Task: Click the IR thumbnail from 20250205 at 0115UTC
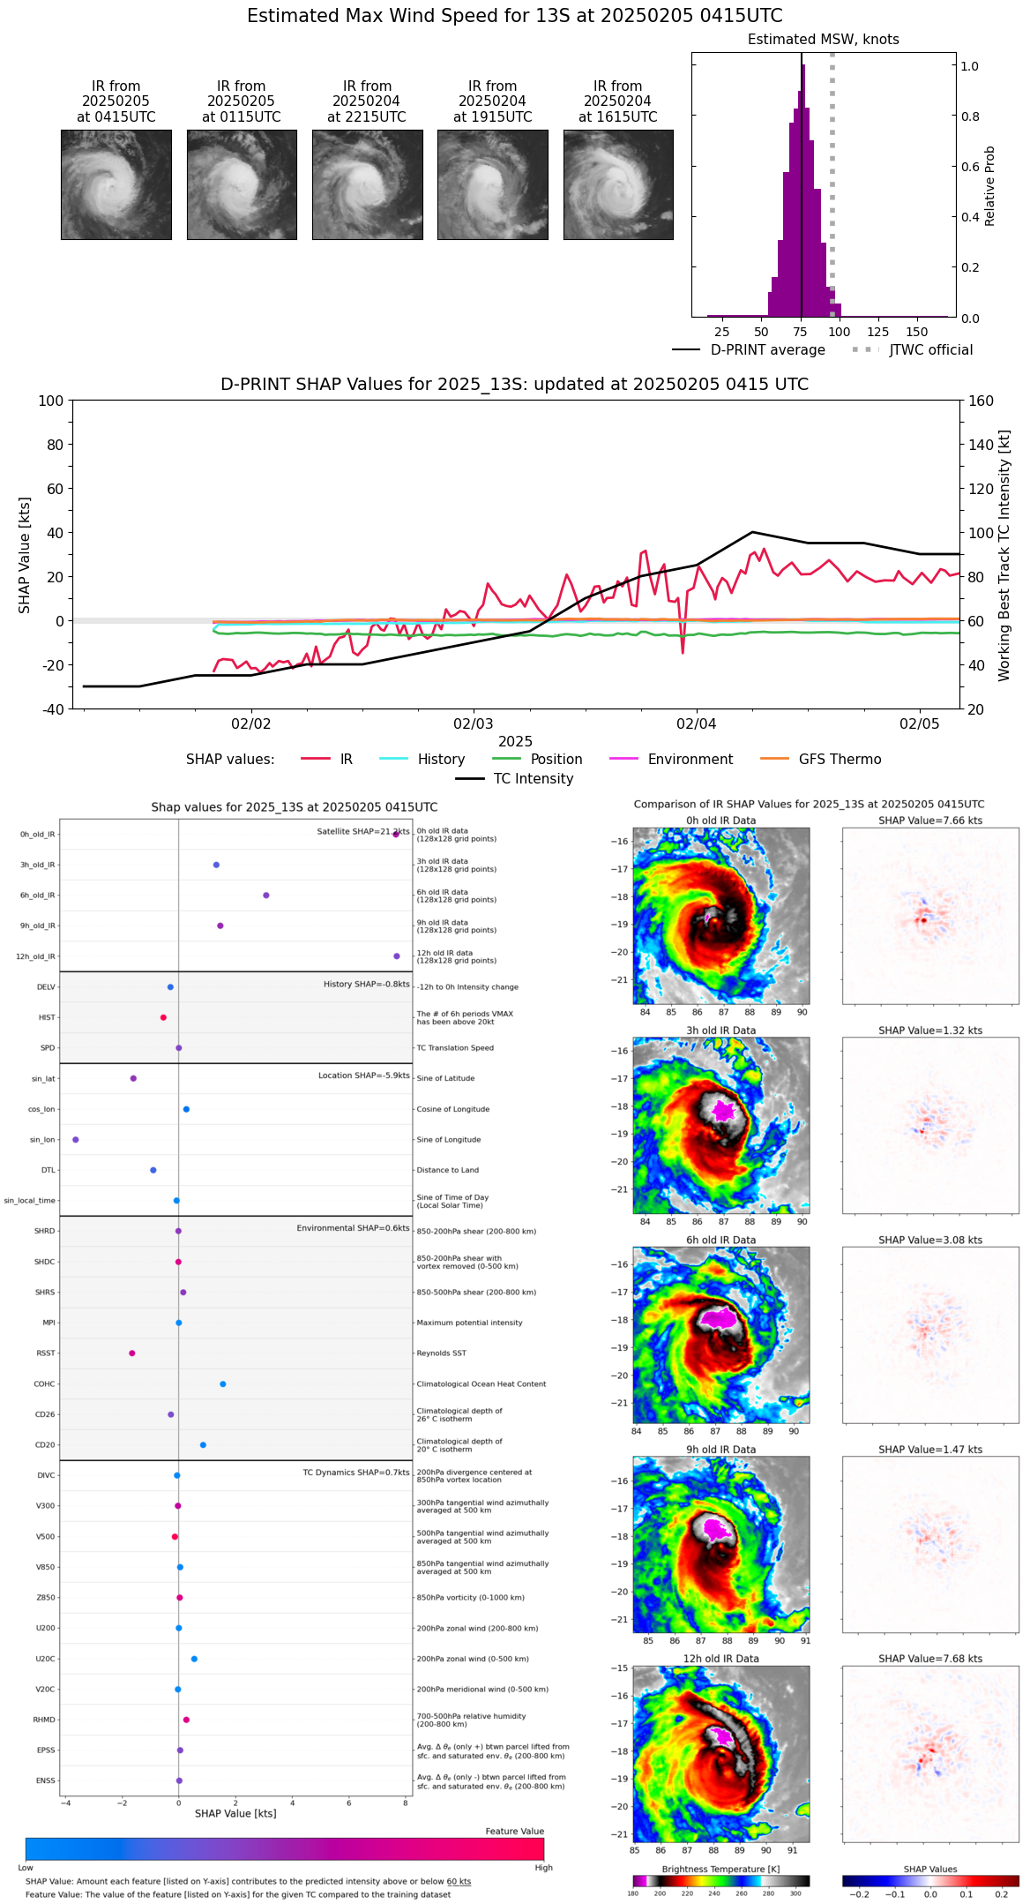click(242, 184)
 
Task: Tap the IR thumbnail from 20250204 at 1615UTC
click(618, 184)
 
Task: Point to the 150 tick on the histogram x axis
click(917, 332)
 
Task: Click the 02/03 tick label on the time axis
click(474, 724)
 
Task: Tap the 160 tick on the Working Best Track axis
click(981, 401)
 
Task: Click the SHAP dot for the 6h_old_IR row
click(266, 896)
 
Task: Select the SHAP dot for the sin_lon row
click(76, 1140)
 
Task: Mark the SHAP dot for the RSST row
click(132, 1353)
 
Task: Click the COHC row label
click(44, 1384)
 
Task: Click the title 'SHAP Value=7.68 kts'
click(930, 1659)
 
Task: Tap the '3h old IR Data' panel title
click(720, 1031)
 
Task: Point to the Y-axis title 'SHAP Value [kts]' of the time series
click(25, 555)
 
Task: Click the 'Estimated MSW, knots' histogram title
click(823, 40)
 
